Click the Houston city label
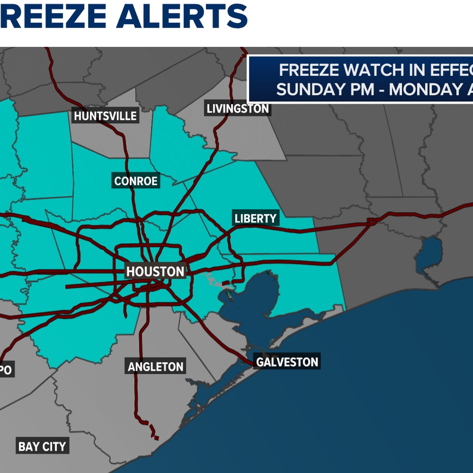155,272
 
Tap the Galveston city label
287,362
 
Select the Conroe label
136,181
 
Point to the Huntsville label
105,116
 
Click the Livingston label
237,109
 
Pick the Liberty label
256,218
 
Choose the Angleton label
155,367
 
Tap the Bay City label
42,447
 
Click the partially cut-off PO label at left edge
5,371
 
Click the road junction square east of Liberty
372,222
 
